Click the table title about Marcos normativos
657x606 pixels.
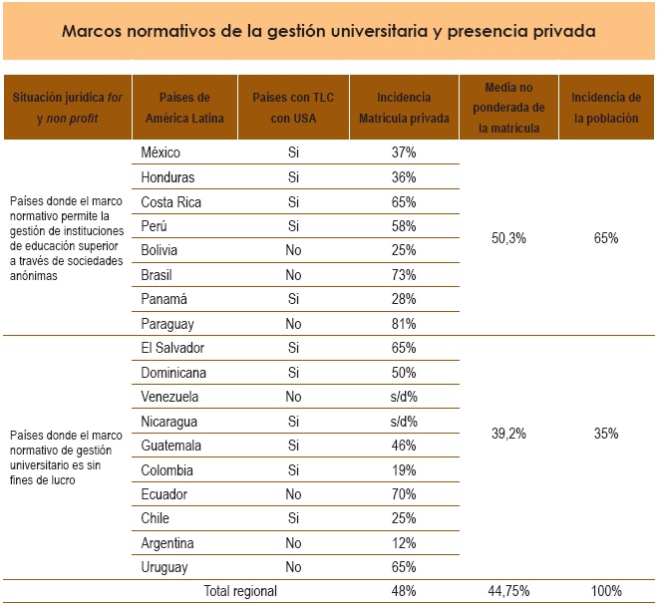(328, 31)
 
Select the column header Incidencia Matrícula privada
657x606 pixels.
(404, 108)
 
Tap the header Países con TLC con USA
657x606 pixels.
(293, 108)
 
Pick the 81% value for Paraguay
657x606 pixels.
(404, 323)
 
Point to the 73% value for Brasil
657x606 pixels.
(404, 274)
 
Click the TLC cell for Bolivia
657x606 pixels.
(293, 250)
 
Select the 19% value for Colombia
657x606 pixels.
(404, 469)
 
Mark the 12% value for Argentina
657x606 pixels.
(404, 543)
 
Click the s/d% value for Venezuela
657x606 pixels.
(404, 397)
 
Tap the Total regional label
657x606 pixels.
(240, 591)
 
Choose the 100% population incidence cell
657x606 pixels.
(604, 591)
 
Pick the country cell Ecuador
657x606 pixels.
(164, 494)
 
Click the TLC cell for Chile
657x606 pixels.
(293, 518)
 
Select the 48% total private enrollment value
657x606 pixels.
(404, 591)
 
